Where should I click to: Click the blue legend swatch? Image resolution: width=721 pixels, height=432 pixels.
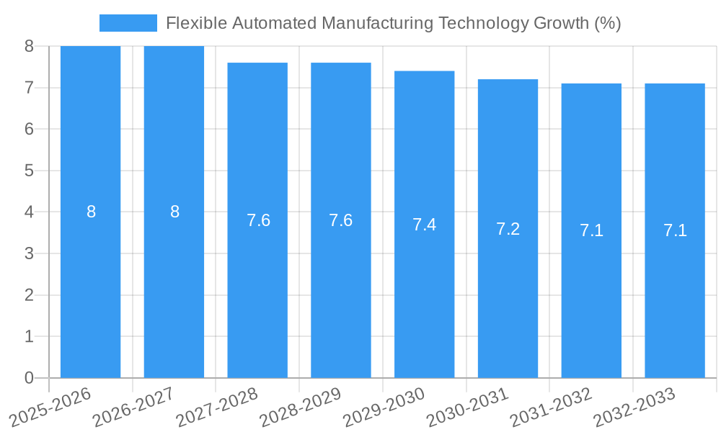(x=128, y=23)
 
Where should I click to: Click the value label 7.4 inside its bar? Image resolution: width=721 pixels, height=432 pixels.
(x=424, y=225)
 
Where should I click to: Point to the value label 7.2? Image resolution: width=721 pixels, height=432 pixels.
(x=508, y=229)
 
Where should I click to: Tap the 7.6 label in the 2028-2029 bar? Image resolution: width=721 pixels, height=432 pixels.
(x=340, y=220)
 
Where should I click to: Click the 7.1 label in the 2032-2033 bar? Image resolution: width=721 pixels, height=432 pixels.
(x=675, y=230)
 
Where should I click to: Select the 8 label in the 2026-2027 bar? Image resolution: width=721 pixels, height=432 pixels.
(x=174, y=212)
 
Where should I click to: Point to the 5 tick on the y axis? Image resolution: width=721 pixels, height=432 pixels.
(x=29, y=171)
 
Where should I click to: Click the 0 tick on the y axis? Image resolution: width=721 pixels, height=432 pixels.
(x=29, y=378)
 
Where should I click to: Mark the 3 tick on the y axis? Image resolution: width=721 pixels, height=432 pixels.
(x=29, y=253)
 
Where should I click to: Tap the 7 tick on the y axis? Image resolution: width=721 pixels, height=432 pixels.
(x=29, y=88)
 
